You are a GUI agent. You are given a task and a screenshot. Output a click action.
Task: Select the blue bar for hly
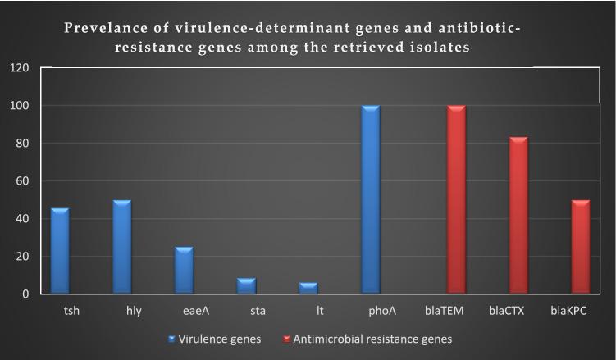click(x=122, y=248)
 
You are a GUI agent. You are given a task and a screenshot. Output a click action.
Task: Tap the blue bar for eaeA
click(x=184, y=271)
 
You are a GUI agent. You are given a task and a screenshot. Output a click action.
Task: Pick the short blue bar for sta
click(x=245, y=286)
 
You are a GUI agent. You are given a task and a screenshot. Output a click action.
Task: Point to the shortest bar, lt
click(x=308, y=288)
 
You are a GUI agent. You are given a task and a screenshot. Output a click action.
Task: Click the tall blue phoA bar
click(x=370, y=200)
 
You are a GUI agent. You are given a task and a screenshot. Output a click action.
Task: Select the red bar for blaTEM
click(x=456, y=200)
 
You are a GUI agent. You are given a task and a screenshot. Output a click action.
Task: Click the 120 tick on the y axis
click(x=20, y=68)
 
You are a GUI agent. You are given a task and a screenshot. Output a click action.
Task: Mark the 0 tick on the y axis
click(x=26, y=294)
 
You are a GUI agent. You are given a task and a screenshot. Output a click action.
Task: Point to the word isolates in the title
click(x=440, y=48)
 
